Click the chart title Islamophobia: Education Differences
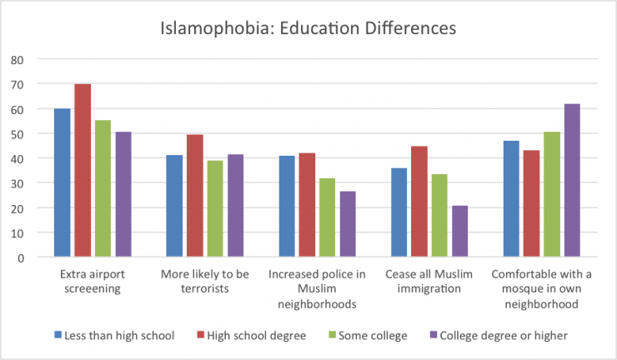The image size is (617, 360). pos(308,27)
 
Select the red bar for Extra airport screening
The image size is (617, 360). pos(83,171)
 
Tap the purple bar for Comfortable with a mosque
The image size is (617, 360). pos(571,181)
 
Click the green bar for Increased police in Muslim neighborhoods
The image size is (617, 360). pos(328,217)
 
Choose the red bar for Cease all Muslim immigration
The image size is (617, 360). pos(419,202)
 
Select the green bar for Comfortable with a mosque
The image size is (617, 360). pos(551,195)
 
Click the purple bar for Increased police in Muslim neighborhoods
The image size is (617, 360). pos(348,224)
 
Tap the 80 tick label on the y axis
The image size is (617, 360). pos(18,60)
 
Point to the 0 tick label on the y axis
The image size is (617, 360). pos(21,257)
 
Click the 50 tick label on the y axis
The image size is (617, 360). pos(18,134)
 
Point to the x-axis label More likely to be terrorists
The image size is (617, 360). pos(203,281)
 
